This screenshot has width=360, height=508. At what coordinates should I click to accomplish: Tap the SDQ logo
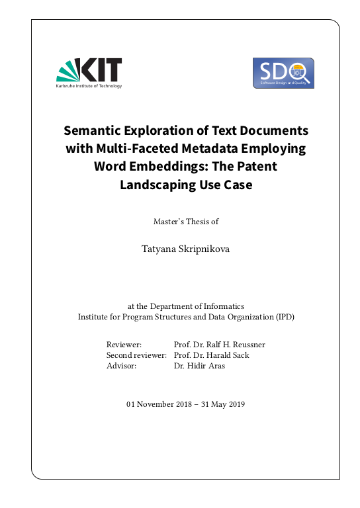[x=283, y=73]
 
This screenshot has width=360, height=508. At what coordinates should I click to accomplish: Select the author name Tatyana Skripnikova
[x=185, y=249]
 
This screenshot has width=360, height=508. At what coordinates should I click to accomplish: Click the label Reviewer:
[x=124, y=345]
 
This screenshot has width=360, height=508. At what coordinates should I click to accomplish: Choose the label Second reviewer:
[x=136, y=355]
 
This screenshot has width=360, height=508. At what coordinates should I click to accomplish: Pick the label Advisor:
[x=121, y=366]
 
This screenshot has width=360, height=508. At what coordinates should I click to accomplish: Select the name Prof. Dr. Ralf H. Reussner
[x=219, y=345]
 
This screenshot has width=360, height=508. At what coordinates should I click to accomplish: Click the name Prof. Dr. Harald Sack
[x=211, y=355]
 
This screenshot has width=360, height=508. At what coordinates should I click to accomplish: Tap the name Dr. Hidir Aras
[x=199, y=366]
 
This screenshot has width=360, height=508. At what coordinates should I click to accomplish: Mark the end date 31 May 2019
[x=220, y=404]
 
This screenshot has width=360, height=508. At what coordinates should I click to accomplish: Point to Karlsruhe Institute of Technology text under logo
[x=89, y=86]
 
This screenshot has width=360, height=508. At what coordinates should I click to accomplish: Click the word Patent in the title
[x=256, y=166]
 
